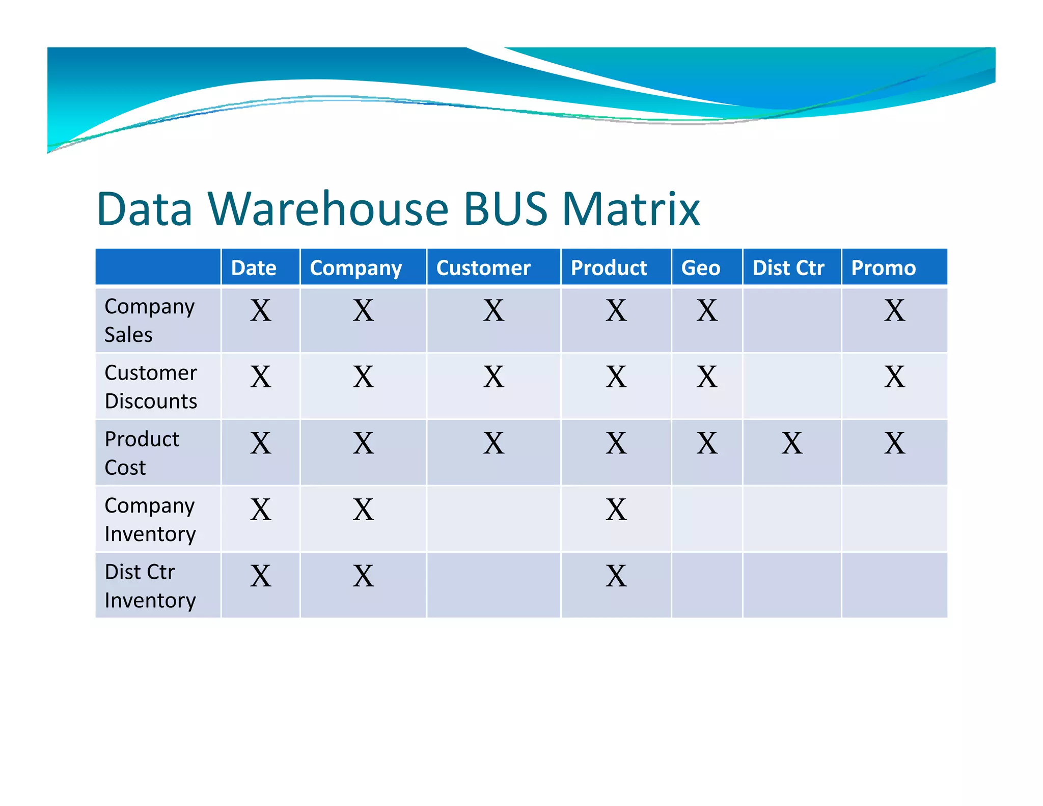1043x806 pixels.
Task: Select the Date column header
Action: point(254,267)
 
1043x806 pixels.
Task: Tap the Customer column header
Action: point(483,267)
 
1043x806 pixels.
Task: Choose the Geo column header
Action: point(700,267)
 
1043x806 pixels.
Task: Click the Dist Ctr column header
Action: point(788,267)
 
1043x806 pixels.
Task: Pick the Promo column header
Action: point(883,267)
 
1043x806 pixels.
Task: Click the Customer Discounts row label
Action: point(151,387)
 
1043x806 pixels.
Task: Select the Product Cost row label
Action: point(142,453)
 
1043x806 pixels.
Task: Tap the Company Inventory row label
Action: point(150,519)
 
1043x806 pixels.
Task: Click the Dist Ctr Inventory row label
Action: point(150,586)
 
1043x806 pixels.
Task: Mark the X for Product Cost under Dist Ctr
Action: point(791,443)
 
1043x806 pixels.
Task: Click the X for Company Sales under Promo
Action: point(894,310)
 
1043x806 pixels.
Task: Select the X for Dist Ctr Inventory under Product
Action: point(616,576)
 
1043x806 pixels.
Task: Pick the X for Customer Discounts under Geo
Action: point(707,377)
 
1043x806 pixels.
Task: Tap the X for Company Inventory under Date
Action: point(260,509)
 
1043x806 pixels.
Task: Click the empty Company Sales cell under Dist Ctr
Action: point(791,320)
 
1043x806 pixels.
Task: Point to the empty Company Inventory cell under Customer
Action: point(493,519)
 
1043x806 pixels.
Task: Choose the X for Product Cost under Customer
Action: point(493,443)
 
